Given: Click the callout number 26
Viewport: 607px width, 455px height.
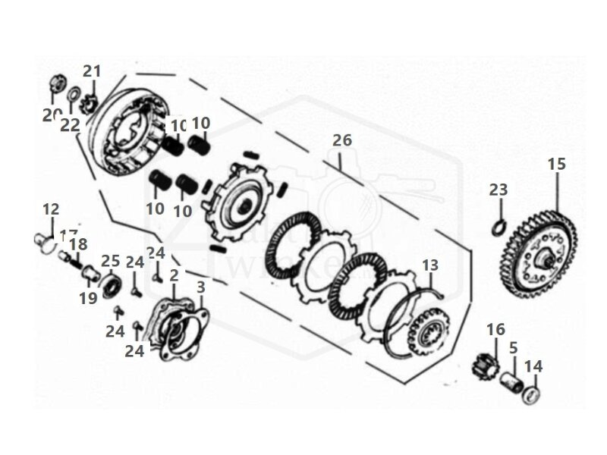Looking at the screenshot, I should click(342, 140).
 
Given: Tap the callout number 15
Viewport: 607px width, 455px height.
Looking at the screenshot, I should click(556, 164).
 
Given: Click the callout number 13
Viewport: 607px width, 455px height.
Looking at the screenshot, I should click(430, 265).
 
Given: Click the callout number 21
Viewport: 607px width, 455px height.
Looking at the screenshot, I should click(92, 71).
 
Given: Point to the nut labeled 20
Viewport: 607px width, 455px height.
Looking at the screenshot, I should click(55, 82).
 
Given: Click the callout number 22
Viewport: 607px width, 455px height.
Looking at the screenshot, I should click(70, 126).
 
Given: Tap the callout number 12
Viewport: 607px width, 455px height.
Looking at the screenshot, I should click(51, 209).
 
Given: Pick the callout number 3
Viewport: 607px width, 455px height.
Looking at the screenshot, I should click(200, 288).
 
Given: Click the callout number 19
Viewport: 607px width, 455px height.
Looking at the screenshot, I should click(89, 298).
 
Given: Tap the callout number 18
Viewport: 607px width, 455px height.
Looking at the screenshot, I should click(78, 244).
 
